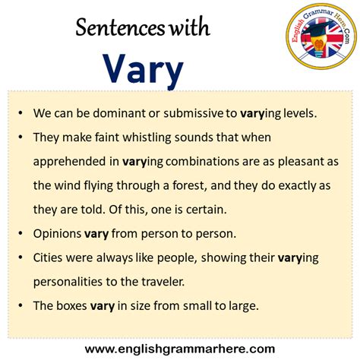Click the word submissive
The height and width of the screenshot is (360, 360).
[x=185, y=113]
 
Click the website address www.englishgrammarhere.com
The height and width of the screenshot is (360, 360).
[x=180, y=349]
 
